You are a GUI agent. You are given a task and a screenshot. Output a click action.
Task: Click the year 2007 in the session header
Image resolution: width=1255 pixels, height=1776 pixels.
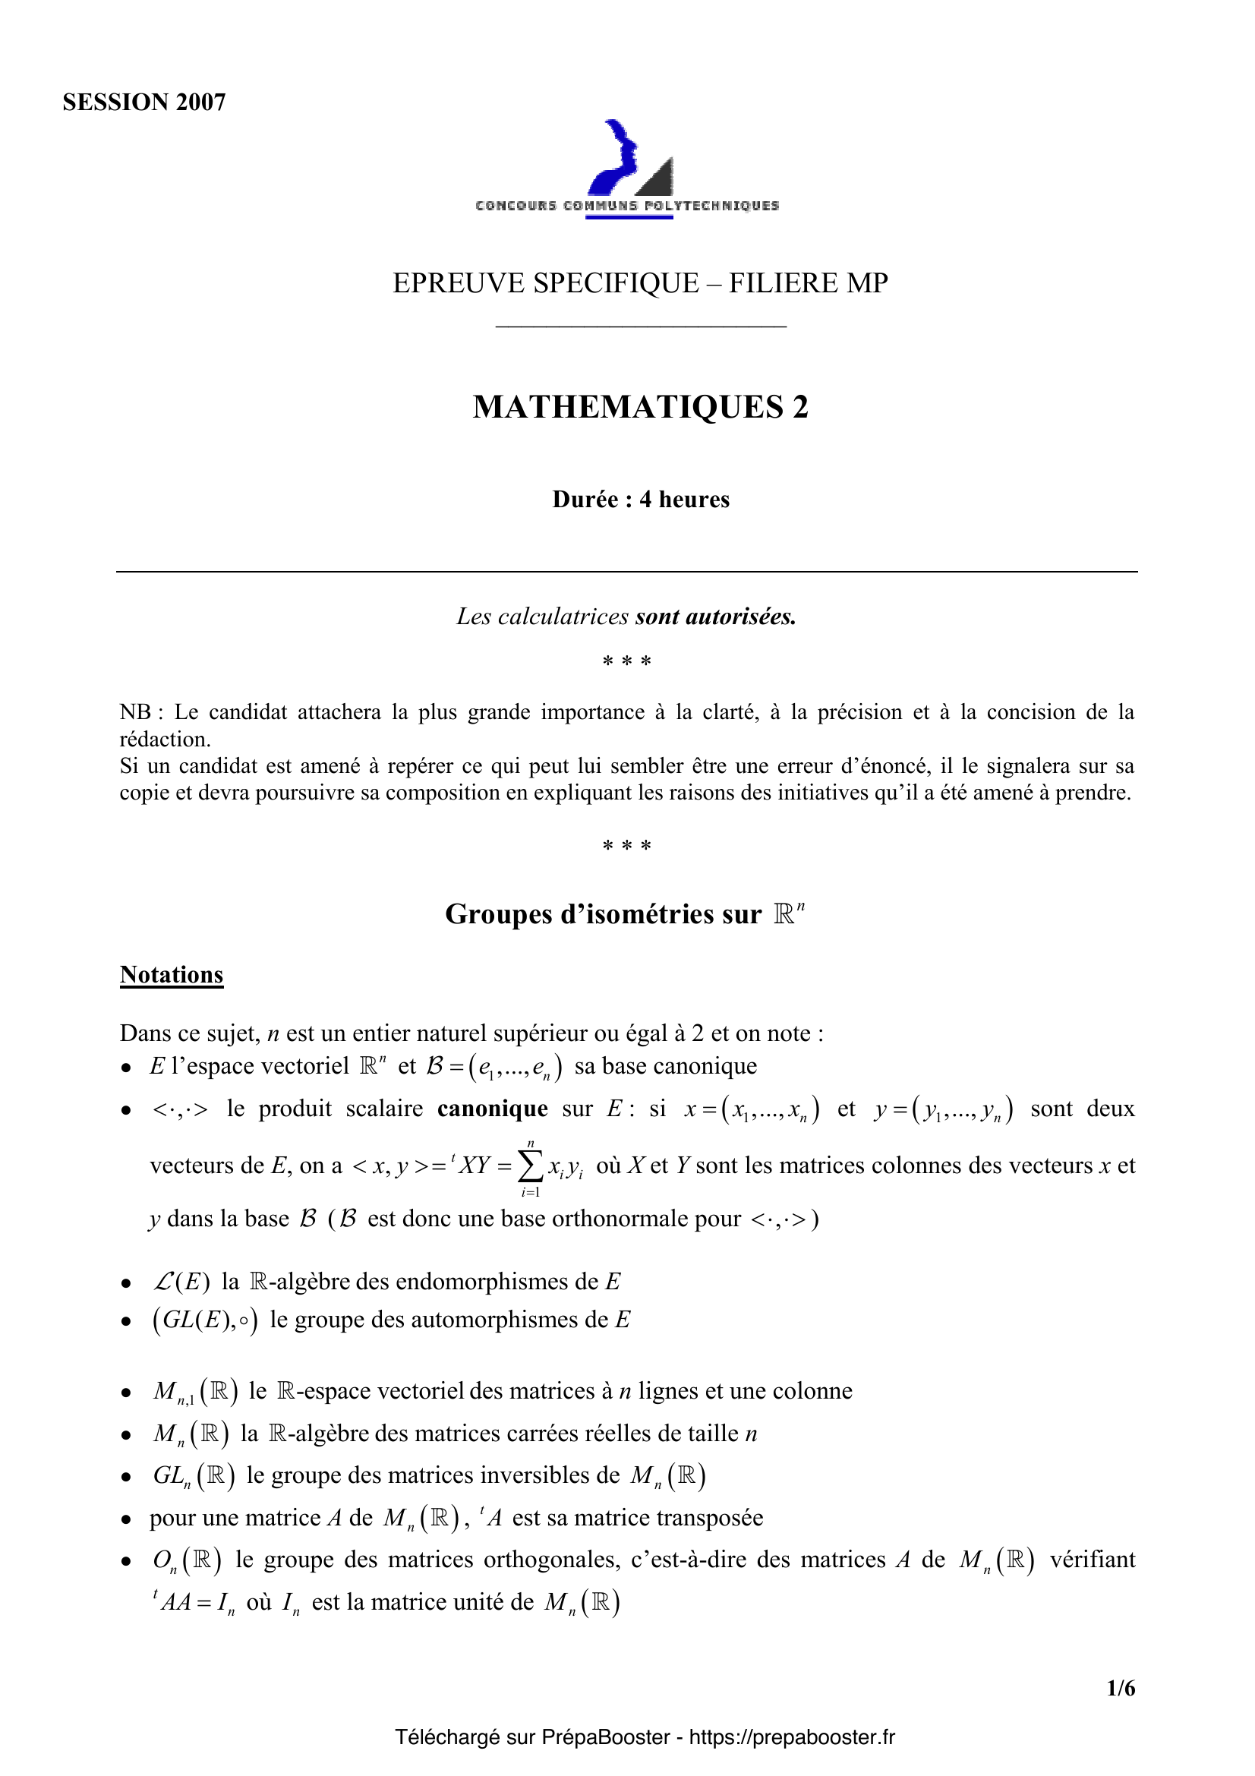[200, 102]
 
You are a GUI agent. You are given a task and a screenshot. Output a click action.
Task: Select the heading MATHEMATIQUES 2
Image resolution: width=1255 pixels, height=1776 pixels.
[640, 407]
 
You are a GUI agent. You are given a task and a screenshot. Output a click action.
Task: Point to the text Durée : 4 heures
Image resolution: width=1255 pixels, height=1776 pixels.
[640, 500]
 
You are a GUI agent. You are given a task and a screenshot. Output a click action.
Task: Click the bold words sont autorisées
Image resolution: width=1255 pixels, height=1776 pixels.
[715, 617]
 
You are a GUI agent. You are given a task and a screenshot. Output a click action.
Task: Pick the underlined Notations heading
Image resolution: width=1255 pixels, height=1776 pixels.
[172, 975]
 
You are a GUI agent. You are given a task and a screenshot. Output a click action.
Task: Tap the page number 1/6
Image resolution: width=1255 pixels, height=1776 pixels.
[1121, 1688]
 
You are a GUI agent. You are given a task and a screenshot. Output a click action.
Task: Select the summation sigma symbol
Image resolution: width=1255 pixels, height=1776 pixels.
[530, 1166]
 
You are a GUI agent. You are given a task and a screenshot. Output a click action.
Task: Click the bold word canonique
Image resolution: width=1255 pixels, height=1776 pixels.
[493, 1109]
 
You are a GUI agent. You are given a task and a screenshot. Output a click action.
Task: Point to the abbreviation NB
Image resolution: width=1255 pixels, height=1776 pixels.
[136, 711]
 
